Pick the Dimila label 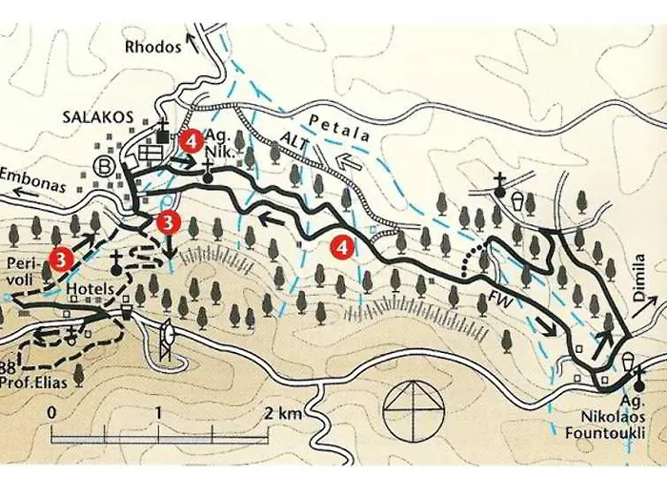tap(639, 278)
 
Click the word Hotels tap(92, 287)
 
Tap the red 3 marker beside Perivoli tap(61, 257)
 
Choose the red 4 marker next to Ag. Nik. tap(192, 140)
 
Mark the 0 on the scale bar tap(52, 413)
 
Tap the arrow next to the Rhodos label tap(192, 41)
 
